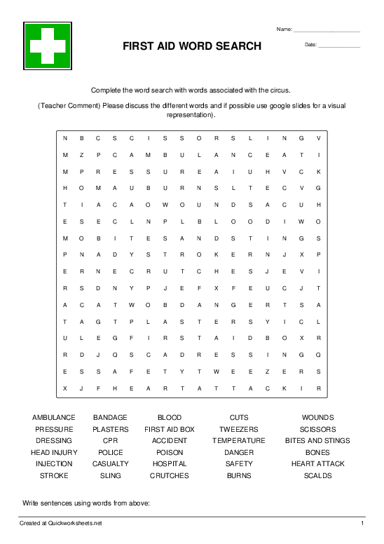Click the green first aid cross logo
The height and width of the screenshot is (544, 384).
[48, 46]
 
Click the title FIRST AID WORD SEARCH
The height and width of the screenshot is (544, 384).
[192, 46]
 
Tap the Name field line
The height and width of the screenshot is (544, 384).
[327, 31]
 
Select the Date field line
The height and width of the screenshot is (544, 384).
[339, 46]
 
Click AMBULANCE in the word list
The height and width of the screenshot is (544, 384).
[54, 418]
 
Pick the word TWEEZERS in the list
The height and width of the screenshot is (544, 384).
[239, 429]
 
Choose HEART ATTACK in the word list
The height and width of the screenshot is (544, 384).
[317, 464]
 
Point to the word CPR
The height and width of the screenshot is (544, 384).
[111, 441]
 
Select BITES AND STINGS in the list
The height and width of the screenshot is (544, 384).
[317, 441]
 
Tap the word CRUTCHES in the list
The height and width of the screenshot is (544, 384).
[170, 476]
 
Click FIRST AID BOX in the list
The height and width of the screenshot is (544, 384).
[170, 429]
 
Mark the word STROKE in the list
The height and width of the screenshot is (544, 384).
[54, 476]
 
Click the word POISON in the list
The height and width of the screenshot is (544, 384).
[170, 453]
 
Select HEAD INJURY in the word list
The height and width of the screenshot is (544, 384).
[54, 453]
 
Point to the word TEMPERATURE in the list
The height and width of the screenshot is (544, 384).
[239, 441]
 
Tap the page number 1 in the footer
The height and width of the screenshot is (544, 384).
[362, 524]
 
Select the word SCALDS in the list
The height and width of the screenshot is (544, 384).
[317, 476]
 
